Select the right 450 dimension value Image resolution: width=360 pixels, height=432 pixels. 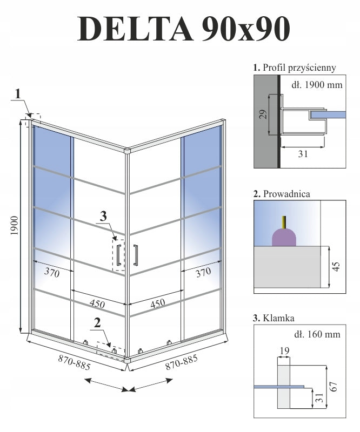tap(157, 303)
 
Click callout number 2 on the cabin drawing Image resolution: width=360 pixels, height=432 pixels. tap(97, 323)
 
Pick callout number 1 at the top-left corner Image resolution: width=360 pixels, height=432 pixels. tap(18, 93)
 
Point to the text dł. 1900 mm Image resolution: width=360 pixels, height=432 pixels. tap(316, 84)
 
